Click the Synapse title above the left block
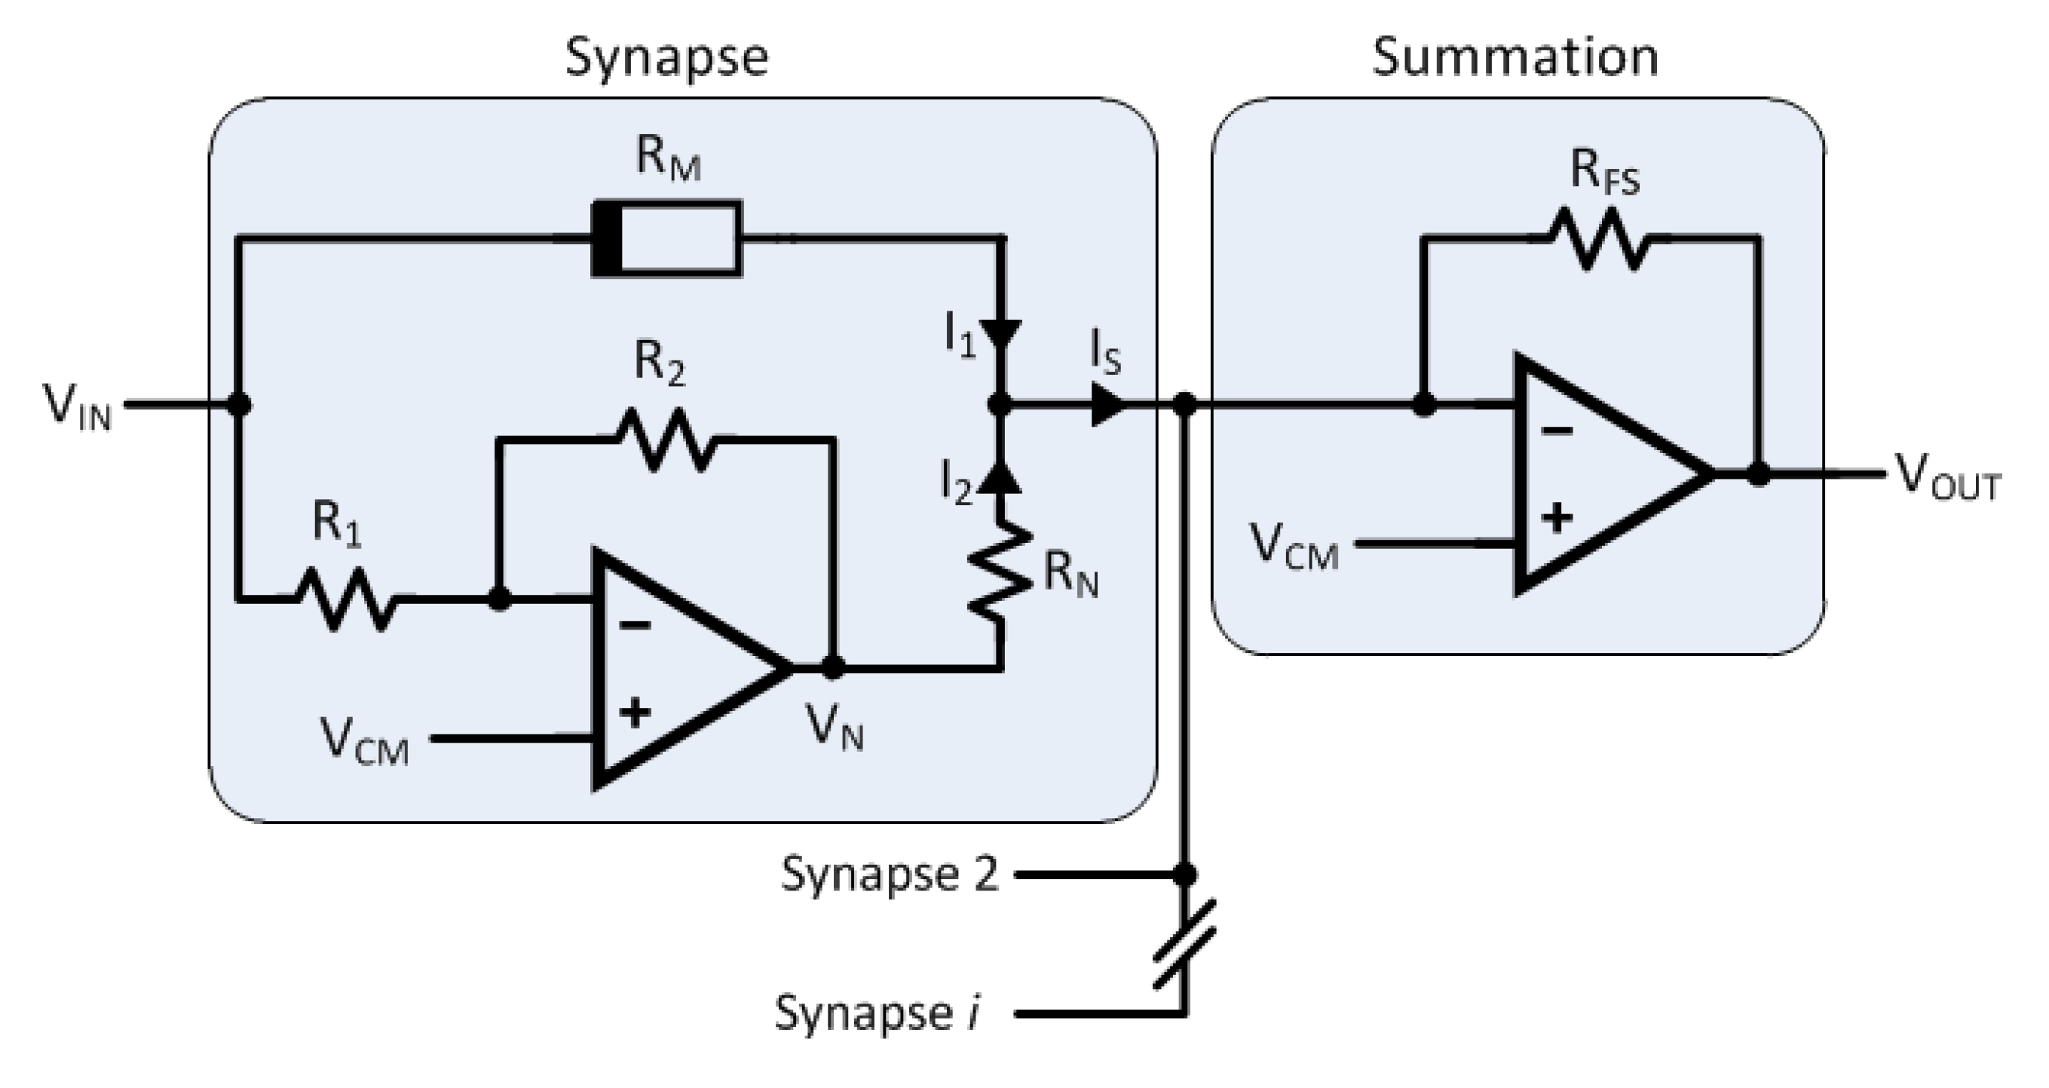pyautogui.click(x=666, y=57)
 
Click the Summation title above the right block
pyautogui.click(x=1515, y=57)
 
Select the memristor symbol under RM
pyautogui.click(x=666, y=238)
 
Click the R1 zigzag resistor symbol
pyautogui.click(x=346, y=599)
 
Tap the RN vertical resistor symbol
pyautogui.click(x=1000, y=571)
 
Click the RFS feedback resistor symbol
pyautogui.click(x=1597, y=238)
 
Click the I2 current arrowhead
pyautogui.click(x=1000, y=478)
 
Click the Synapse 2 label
pyautogui.click(x=889, y=875)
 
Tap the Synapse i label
pyautogui.click(x=877, y=1013)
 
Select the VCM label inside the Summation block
pyautogui.click(x=1294, y=547)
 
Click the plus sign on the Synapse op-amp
pyautogui.click(x=634, y=712)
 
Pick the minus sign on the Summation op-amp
pyautogui.click(x=1557, y=432)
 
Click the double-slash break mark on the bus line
pyautogui.click(x=1184, y=945)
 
